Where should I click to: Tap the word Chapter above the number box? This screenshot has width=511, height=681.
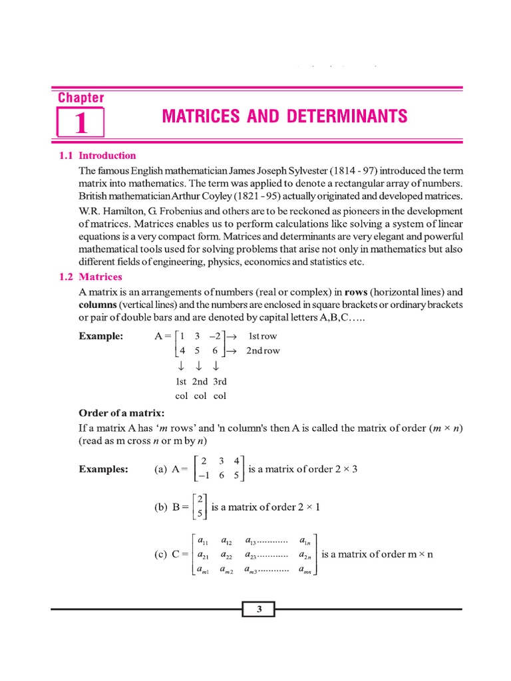tap(81, 98)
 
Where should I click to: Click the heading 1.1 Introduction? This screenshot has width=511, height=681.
tap(98, 156)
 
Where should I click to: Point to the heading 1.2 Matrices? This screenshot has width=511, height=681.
tap(91, 277)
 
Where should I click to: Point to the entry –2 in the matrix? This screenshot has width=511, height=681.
tap(212, 337)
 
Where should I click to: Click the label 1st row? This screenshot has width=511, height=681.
tap(262, 337)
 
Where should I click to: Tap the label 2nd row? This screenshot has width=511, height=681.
tap(263, 350)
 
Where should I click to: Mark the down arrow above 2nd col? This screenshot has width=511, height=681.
tap(199, 367)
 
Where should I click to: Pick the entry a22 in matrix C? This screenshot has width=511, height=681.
tap(226, 555)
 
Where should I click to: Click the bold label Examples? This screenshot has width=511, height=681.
tap(104, 470)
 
